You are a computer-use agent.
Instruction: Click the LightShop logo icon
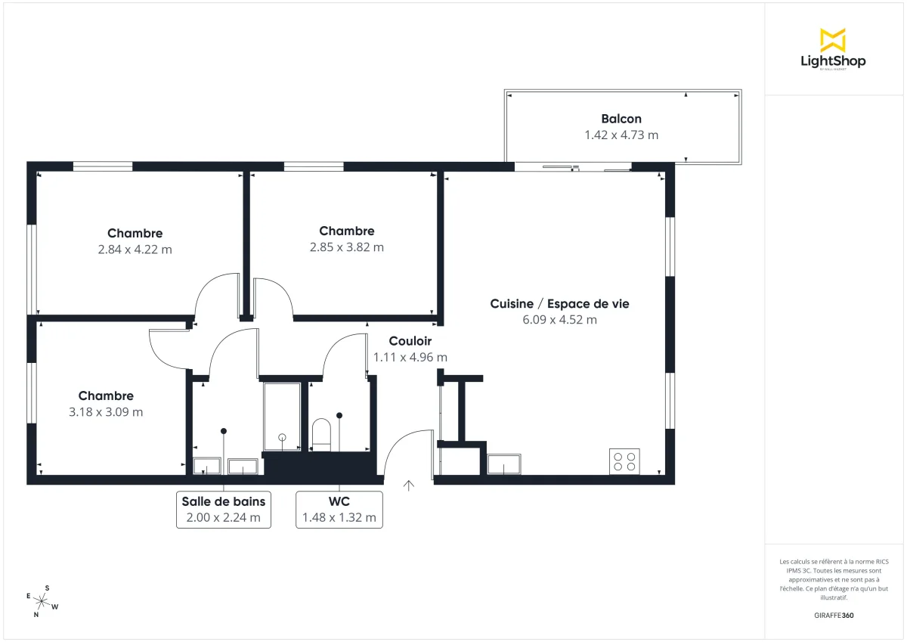pyautogui.click(x=832, y=40)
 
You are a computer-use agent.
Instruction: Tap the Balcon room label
pyautogui.click(x=621, y=119)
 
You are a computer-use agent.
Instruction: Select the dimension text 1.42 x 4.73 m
pyautogui.click(x=621, y=135)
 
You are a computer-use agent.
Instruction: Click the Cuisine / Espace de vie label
pyautogui.click(x=559, y=304)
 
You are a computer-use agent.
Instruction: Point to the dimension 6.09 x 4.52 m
pyautogui.click(x=559, y=320)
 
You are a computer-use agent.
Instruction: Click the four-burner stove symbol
pyautogui.click(x=624, y=461)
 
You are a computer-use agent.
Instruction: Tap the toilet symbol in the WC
pyautogui.click(x=322, y=434)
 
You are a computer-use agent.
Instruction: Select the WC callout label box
pyautogui.click(x=339, y=509)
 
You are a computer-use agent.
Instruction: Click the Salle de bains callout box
pyautogui.click(x=223, y=509)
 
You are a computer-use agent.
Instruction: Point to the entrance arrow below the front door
pyautogui.click(x=409, y=485)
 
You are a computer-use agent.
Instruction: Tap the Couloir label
pyautogui.click(x=410, y=341)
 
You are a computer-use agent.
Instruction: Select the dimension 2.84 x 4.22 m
pyautogui.click(x=135, y=250)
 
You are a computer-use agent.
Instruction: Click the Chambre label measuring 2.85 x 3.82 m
pyautogui.click(x=346, y=231)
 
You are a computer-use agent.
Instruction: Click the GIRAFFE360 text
pyautogui.click(x=834, y=616)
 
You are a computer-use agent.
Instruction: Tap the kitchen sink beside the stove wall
pyautogui.click(x=504, y=464)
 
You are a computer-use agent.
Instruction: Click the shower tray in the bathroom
pyautogui.click(x=282, y=417)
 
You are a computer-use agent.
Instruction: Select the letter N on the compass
pyautogui.click(x=36, y=615)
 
